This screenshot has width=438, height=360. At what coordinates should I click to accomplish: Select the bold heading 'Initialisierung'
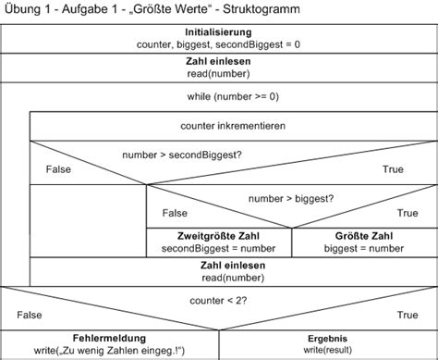click(219, 31)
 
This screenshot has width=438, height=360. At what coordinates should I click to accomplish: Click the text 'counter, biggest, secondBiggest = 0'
click(219, 43)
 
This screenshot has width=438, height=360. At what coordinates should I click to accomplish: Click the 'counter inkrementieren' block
click(233, 124)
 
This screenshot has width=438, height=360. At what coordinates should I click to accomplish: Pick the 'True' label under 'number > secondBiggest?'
click(395, 170)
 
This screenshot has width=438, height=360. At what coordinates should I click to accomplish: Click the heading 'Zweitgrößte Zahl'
click(220, 235)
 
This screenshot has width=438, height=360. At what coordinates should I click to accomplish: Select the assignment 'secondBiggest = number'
click(220, 247)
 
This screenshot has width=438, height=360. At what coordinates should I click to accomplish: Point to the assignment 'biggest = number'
click(365, 247)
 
